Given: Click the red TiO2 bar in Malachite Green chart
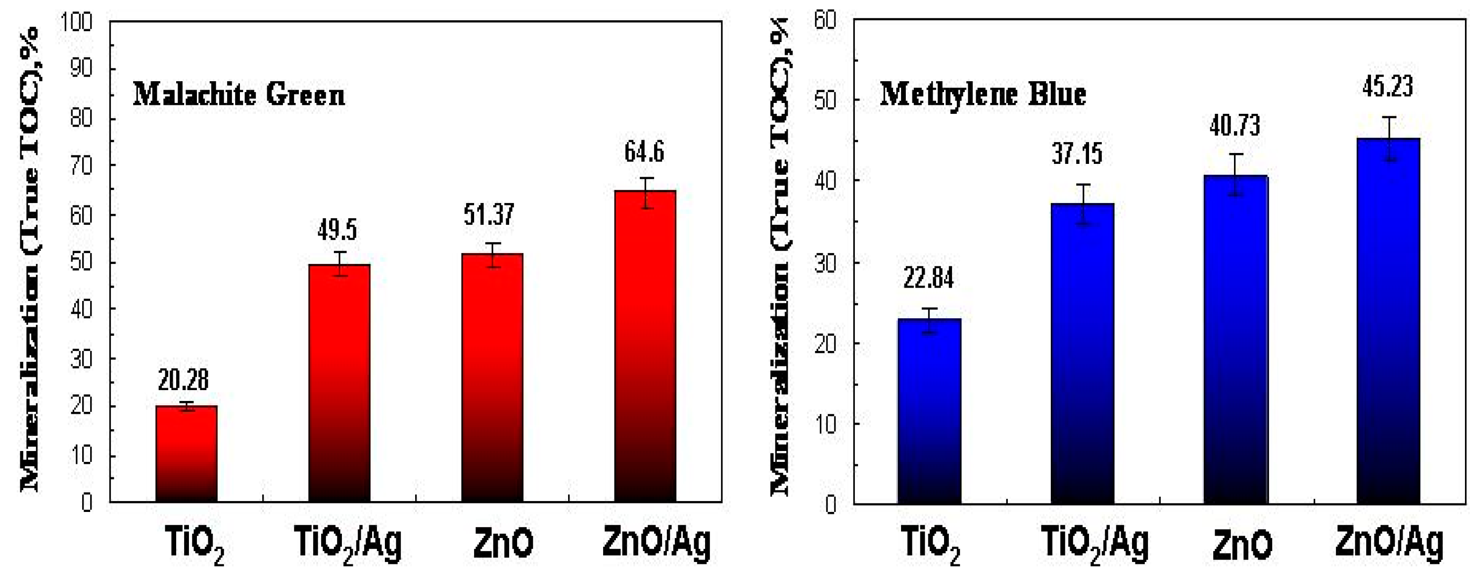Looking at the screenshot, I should (x=186, y=454).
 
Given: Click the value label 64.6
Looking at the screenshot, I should (x=644, y=153).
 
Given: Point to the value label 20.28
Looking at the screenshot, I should (x=183, y=380).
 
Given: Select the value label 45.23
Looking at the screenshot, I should (x=1387, y=87).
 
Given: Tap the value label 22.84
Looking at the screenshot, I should (x=928, y=279).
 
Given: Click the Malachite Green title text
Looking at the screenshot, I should (x=238, y=95).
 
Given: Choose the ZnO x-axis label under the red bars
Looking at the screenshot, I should (x=503, y=544).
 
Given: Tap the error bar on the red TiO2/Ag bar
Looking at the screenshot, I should (x=340, y=264).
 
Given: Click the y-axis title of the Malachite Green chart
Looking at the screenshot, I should (x=30, y=259).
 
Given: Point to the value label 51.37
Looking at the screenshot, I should (x=489, y=215).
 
